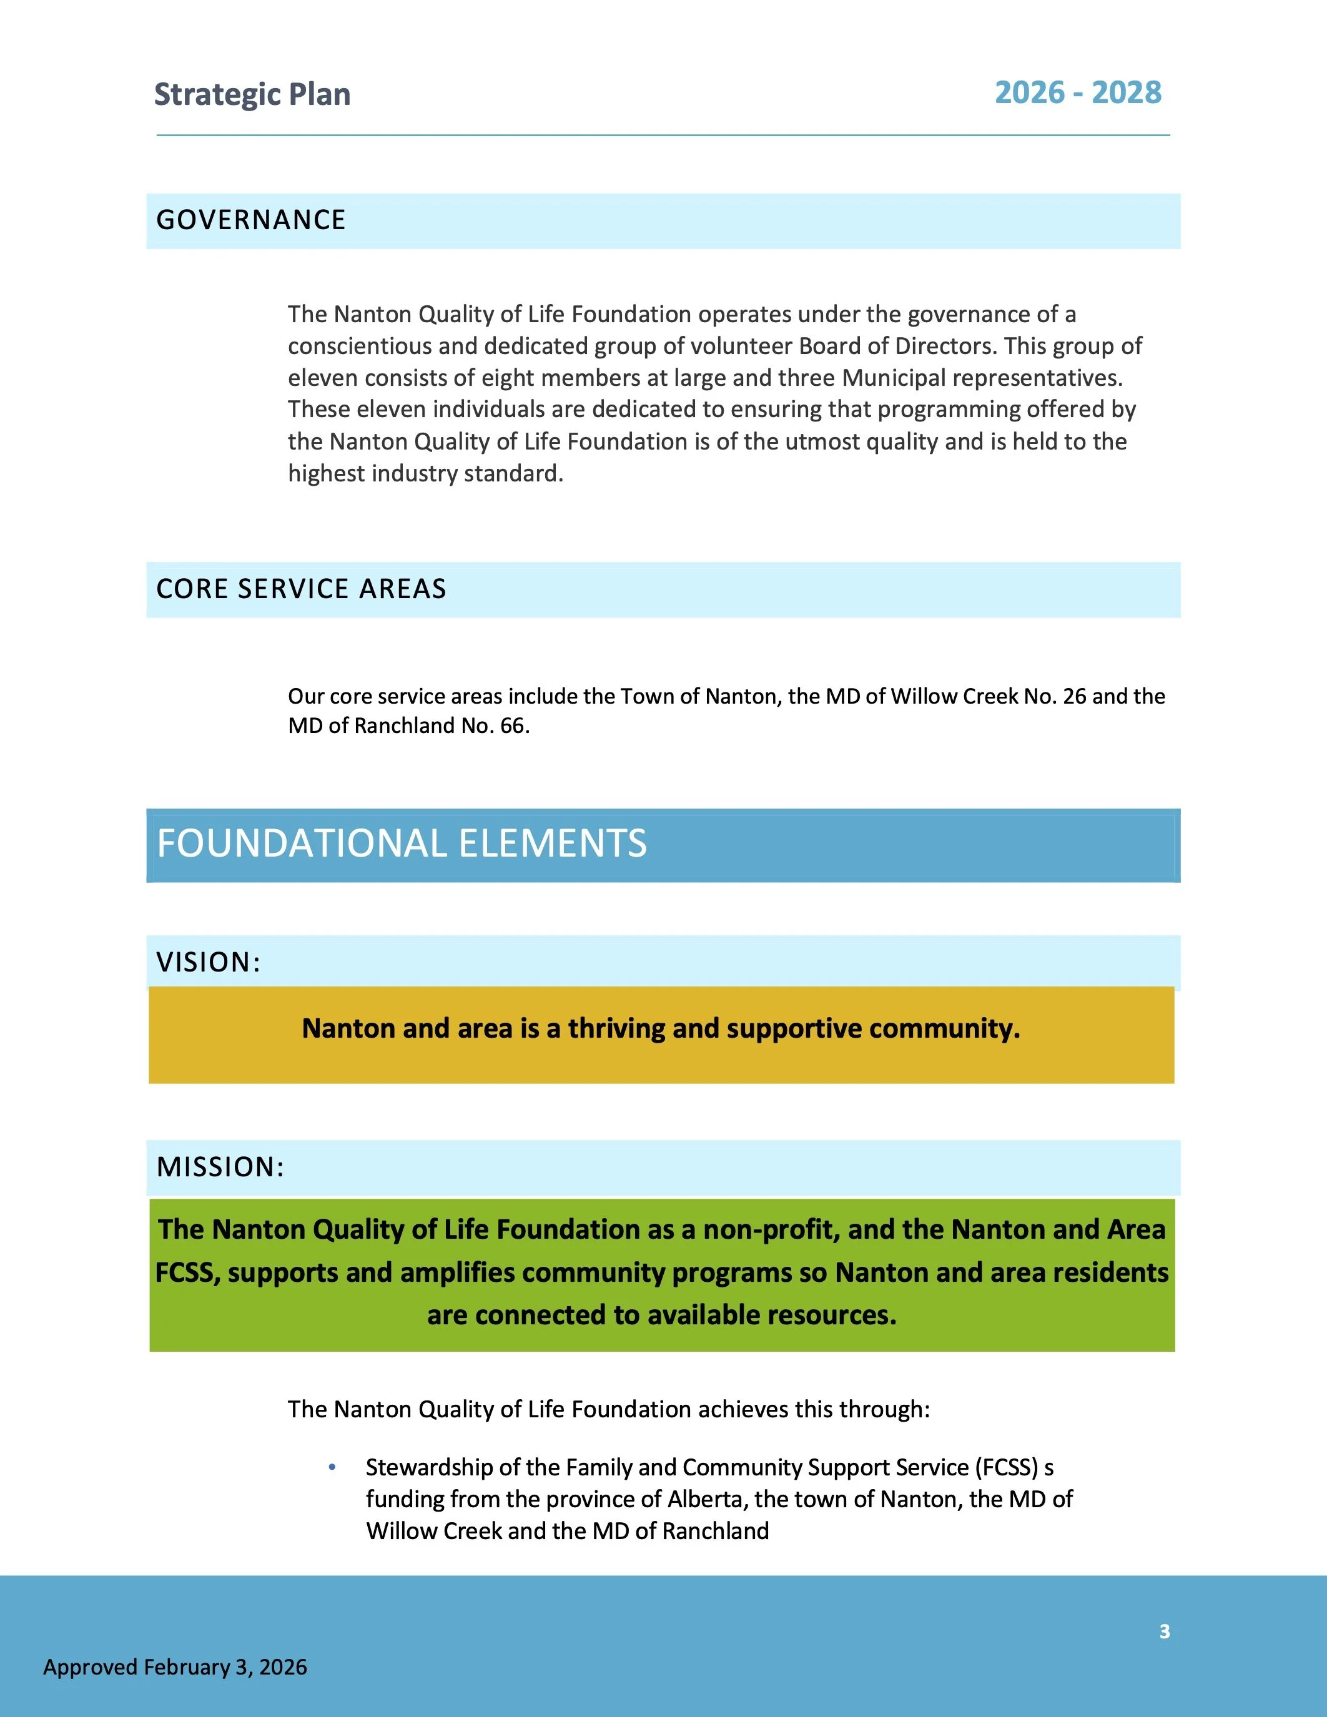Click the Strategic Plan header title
(x=252, y=94)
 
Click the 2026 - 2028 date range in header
(x=1077, y=93)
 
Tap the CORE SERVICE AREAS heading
(x=301, y=589)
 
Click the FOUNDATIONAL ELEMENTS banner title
(x=402, y=844)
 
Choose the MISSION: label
(x=220, y=1167)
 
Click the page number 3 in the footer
(x=1164, y=1631)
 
